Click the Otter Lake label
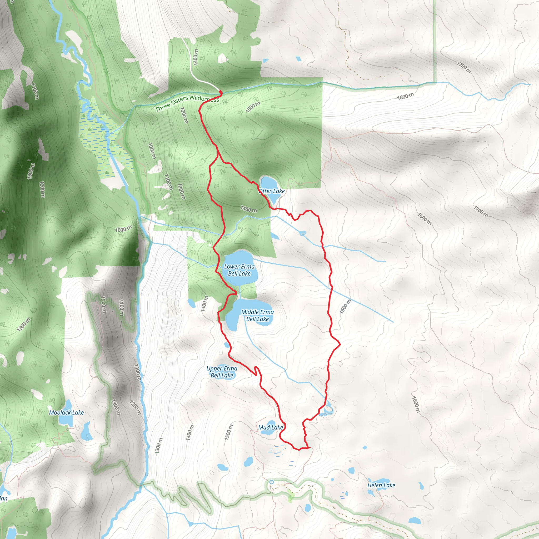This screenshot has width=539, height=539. click(x=272, y=191)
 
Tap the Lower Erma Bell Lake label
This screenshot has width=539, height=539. click(x=239, y=270)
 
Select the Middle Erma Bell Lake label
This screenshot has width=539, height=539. click(x=257, y=316)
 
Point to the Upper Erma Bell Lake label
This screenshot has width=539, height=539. click(x=222, y=372)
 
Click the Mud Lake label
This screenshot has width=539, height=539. click(x=270, y=427)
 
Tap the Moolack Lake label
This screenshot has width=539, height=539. click(x=66, y=413)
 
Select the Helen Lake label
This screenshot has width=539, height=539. click(x=381, y=485)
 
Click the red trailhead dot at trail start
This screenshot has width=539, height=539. click(x=220, y=92)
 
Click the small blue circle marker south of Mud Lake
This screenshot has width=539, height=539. click(x=271, y=482)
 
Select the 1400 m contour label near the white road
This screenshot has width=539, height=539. click(x=196, y=57)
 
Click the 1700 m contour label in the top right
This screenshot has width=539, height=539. click(x=464, y=67)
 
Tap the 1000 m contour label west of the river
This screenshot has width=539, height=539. click(x=123, y=229)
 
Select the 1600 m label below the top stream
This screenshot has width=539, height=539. click(x=405, y=96)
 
